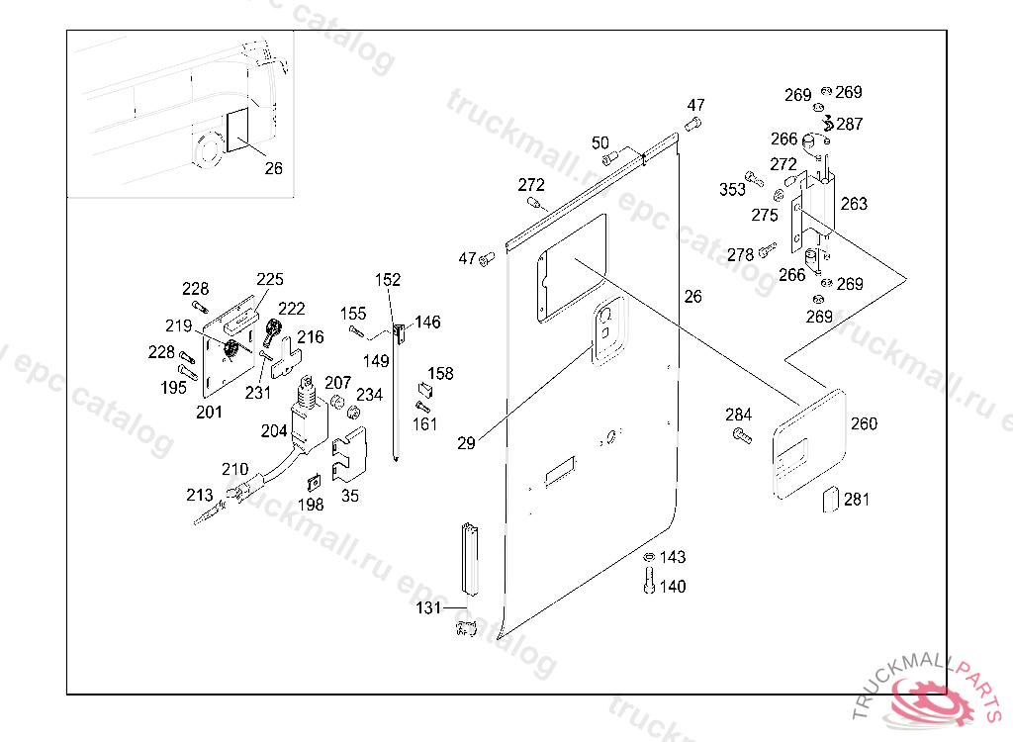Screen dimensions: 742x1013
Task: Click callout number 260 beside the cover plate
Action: click(864, 424)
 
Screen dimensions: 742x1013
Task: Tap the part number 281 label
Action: click(857, 500)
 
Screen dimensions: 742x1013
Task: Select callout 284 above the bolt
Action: click(739, 415)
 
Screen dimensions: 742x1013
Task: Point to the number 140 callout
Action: click(672, 587)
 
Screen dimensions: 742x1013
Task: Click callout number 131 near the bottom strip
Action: click(428, 608)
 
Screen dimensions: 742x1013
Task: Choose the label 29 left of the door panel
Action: click(466, 443)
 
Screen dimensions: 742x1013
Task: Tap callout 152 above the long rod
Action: click(389, 280)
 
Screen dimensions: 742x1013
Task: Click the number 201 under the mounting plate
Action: click(209, 412)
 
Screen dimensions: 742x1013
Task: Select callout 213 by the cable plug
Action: click(200, 495)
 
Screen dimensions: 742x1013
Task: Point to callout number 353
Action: click(732, 190)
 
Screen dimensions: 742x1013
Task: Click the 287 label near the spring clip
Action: click(849, 125)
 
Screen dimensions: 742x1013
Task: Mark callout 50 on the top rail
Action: click(600, 143)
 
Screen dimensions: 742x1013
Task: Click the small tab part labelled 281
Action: click(831, 500)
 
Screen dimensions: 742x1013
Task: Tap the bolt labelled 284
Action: click(741, 434)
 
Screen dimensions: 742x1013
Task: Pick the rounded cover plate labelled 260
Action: click(809, 441)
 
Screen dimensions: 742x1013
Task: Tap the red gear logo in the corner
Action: click(934, 698)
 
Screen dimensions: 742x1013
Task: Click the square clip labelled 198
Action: click(313, 482)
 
